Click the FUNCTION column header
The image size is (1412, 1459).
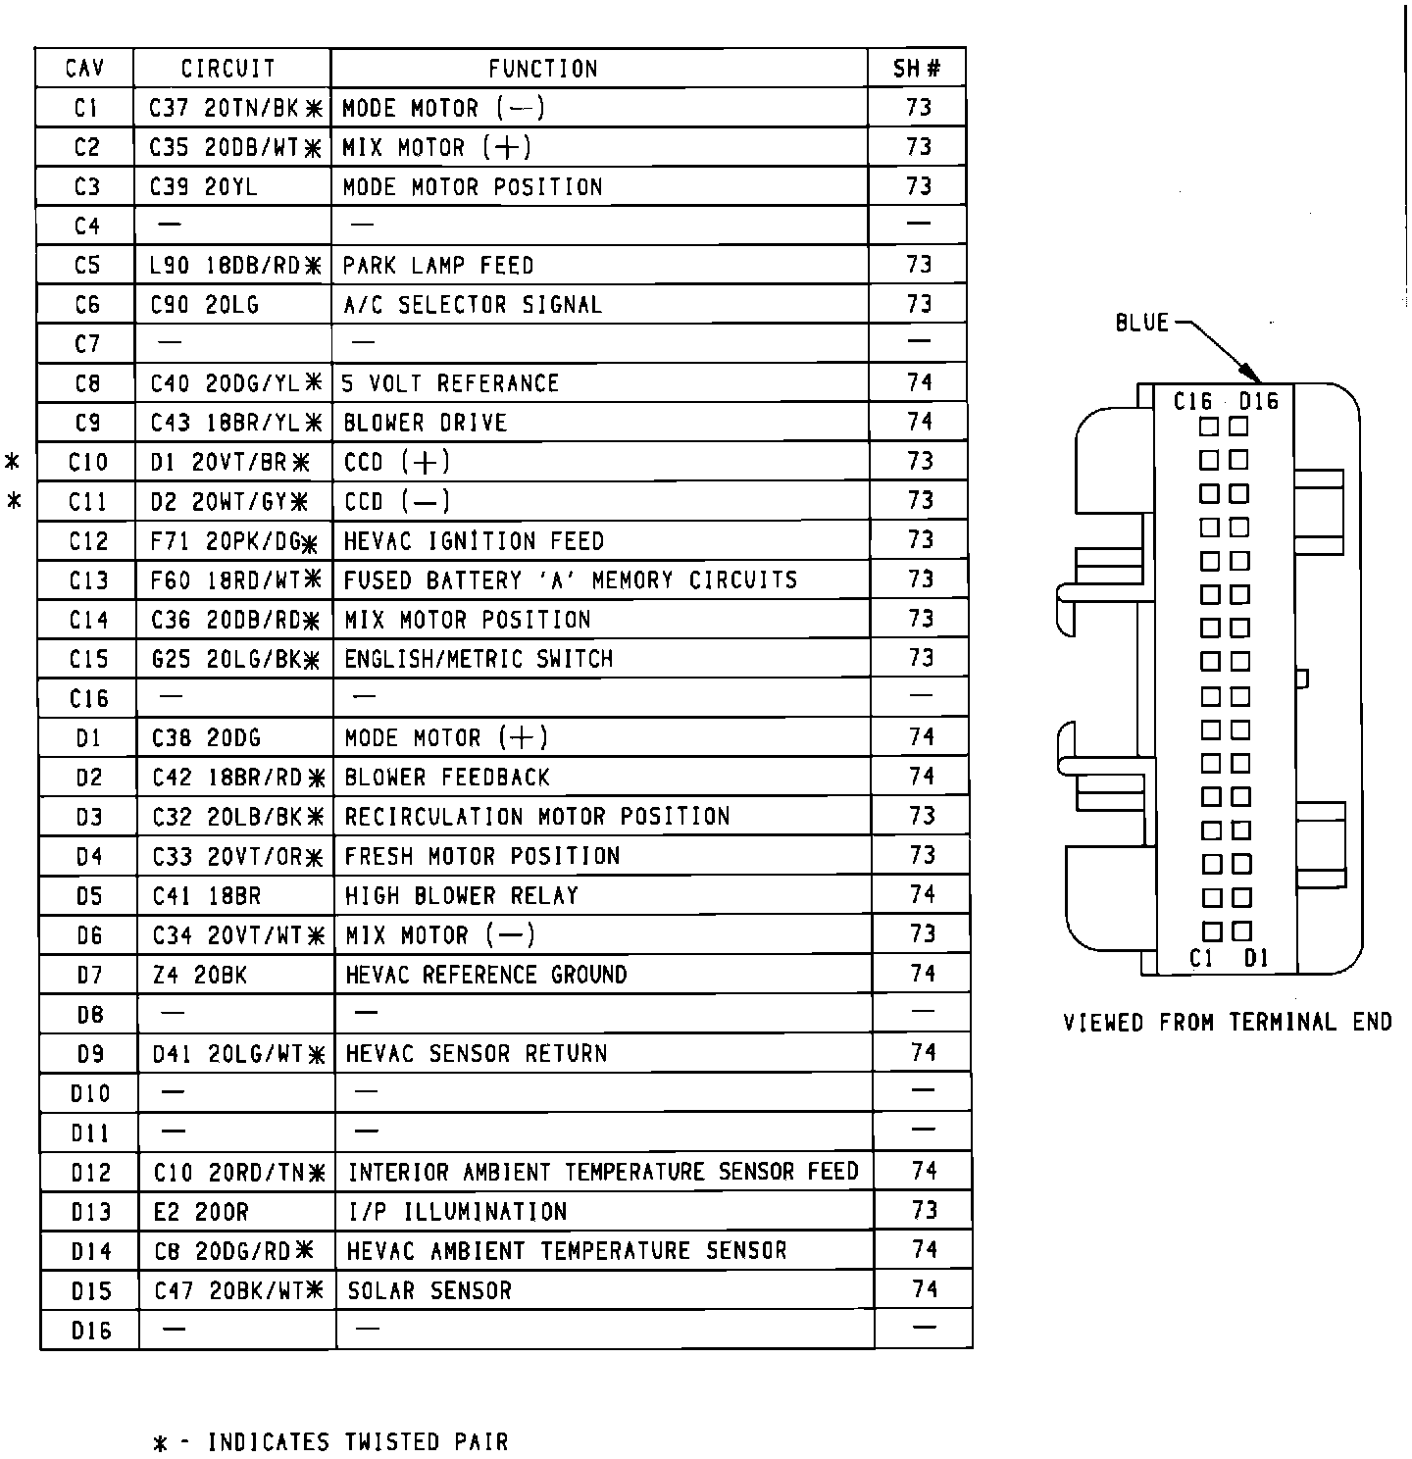point(542,69)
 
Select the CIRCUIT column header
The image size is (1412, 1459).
point(228,69)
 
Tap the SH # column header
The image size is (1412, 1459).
point(917,69)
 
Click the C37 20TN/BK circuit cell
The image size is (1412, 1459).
point(234,108)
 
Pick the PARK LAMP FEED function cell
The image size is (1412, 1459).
point(438,266)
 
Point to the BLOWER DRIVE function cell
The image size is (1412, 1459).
point(426,423)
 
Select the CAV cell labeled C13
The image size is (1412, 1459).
point(87,580)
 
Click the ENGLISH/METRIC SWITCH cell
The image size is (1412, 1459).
point(479,659)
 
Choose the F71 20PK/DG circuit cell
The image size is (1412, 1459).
point(235,541)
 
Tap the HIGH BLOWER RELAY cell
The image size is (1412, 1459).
point(462,895)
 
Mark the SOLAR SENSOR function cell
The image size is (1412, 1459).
point(429,1290)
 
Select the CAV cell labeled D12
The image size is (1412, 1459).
point(90,1173)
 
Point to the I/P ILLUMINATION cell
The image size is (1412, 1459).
point(457,1212)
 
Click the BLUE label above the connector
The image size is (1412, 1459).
point(1142,323)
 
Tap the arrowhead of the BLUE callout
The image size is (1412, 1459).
point(1252,376)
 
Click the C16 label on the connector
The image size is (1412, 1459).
point(1193,402)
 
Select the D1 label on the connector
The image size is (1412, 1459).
point(1256,958)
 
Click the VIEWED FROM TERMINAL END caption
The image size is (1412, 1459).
point(1228,1023)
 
